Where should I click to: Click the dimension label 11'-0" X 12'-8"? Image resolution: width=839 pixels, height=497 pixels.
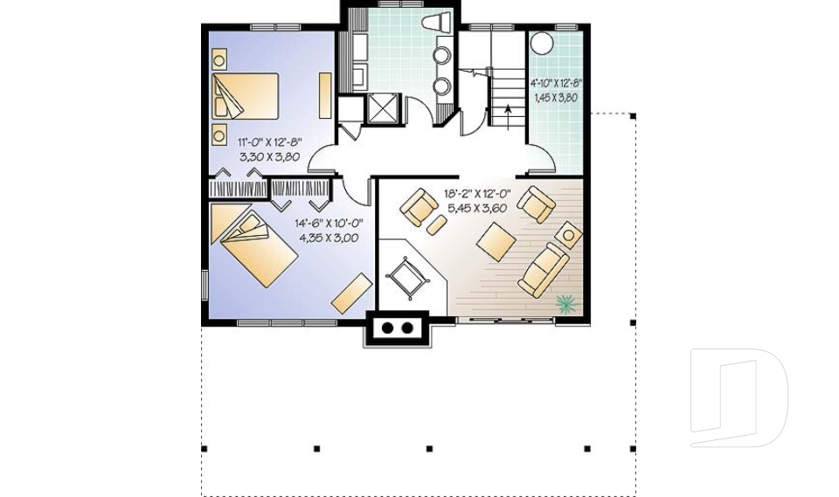point(270,142)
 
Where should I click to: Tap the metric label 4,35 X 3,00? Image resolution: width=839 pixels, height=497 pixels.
point(329,238)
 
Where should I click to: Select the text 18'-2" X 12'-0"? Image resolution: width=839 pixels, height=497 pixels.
point(478,194)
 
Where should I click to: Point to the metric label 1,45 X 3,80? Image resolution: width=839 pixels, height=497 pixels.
point(556,98)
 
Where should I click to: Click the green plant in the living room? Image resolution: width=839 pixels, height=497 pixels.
point(567,304)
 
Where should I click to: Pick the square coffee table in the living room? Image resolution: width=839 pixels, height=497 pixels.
point(496,241)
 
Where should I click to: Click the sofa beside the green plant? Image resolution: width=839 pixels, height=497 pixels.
point(543,270)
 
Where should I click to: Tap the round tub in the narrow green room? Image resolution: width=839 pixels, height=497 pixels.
point(542,44)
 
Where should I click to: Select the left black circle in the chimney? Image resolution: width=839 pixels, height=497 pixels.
point(387,328)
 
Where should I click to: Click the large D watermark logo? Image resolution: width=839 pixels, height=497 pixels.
point(738,397)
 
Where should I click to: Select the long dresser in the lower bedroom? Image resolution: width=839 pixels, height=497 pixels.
point(352,293)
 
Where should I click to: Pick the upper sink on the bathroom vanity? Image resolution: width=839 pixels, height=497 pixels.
point(442,54)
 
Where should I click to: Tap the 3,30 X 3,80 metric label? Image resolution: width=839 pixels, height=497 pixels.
point(269,156)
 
